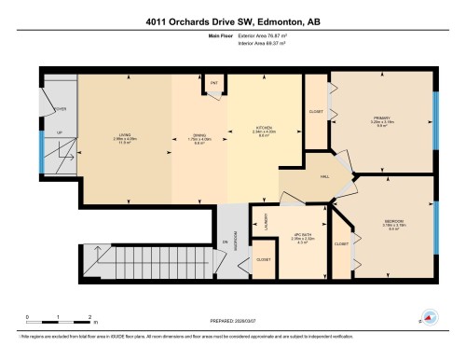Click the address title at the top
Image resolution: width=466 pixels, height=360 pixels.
(232, 21)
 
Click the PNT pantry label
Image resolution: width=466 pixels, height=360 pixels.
(213, 84)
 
